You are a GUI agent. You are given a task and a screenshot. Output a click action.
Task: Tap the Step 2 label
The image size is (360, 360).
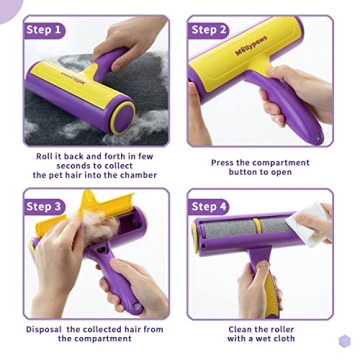209,30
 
